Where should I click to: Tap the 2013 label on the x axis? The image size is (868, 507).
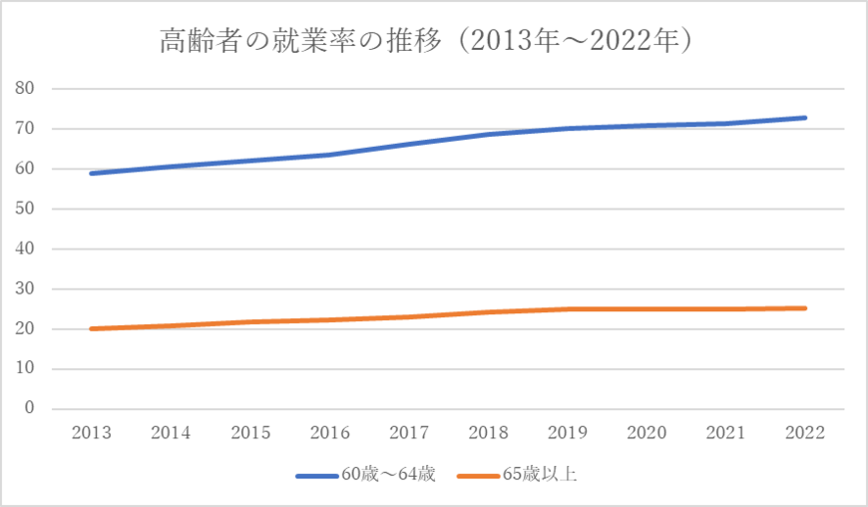(91, 432)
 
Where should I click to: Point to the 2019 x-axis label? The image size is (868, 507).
(567, 432)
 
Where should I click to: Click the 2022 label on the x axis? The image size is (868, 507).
(804, 432)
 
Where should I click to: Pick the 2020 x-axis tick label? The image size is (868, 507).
(646, 432)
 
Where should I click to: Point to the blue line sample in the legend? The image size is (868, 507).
(320, 475)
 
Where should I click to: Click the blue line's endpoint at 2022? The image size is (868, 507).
(804, 118)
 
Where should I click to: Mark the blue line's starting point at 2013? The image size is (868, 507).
(91, 174)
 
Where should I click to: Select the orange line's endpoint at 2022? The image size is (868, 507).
(804, 308)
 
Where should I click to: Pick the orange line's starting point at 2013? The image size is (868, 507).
(91, 328)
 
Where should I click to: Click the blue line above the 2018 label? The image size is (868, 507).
(487, 135)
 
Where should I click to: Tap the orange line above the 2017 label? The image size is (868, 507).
(408, 317)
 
